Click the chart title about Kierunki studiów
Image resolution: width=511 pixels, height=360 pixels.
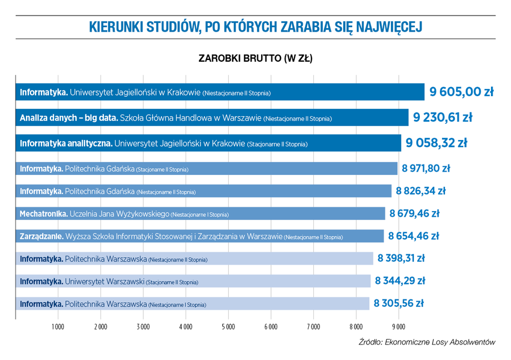click(x=256, y=27)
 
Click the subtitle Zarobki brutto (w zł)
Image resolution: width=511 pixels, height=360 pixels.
click(x=255, y=58)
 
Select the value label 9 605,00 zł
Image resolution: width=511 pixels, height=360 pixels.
click(x=461, y=92)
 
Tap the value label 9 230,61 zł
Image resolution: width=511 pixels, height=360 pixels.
click(x=443, y=117)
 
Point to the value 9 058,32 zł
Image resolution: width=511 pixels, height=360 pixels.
click(x=436, y=143)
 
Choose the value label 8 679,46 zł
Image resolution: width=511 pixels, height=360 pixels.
click(x=414, y=213)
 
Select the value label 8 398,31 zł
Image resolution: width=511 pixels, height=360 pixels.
click(x=401, y=258)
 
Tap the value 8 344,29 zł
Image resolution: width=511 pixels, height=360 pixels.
click(x=400, y=281)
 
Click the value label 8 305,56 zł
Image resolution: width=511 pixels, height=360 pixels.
click(x=398, y=303)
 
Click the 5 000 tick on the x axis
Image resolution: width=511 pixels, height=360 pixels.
click(x=228, y=327)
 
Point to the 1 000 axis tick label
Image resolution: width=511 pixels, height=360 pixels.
click(x=58, y=327)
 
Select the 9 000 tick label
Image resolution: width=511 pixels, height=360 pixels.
click(x=398, y=327)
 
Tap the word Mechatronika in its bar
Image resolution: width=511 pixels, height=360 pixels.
click(x=44, y=213)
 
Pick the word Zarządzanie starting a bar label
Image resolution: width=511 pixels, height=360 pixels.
click(x=42, y=236)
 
